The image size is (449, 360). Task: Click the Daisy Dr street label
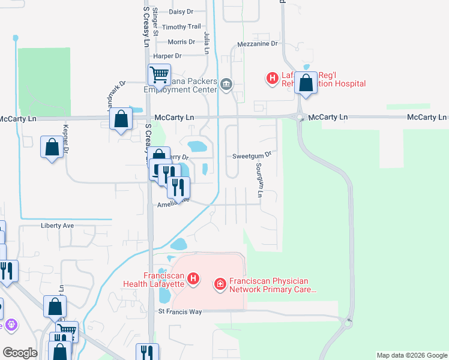pyautogui.click(x=181, y=11)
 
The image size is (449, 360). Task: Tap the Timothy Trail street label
pyautogui.click(x=181, y=27)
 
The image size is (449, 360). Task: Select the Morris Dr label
pyautogui.click(x=181, y=42)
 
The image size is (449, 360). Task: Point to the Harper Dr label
pyautogui.click(x=167, y=56)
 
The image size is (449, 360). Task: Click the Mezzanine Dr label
pyautogui.click(x=258, y=44)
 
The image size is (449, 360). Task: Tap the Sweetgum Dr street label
pyautogui.click(x=252, y=155)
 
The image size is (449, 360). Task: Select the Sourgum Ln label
pyautogui.click(x=259, y=180)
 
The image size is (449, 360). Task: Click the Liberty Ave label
pyautogui.click(x=57, y=226)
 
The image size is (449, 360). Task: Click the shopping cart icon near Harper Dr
pyautogui.click(x=159, y=75)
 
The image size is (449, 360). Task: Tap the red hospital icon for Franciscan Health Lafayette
pyautogui.click(x=193, y=278)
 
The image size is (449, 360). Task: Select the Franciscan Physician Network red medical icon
pyautogui.click(x=220, y=283)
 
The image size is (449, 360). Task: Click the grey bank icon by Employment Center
pyautogui.click(x=226, y=83)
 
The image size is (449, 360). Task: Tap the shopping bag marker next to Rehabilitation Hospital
pyautogui.click(x=306, y=83)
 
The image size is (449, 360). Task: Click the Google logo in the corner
pyautogui.click(x=20, y=353)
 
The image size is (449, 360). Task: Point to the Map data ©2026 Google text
pyautogui.click(x=411, y=355)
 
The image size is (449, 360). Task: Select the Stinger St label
pyautogui.click(x=155, y=23)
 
